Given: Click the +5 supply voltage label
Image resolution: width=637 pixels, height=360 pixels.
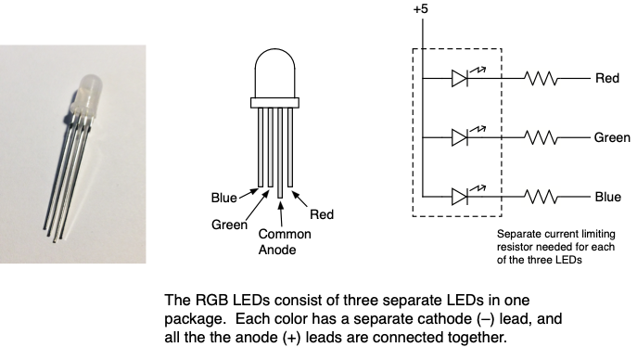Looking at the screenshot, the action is point(420,9).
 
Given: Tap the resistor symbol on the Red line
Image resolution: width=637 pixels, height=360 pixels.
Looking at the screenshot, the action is point(541,78).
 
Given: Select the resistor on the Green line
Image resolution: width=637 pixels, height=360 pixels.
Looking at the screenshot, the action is point(541,137).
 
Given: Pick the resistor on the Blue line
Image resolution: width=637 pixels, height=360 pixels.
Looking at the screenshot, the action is point(541,197).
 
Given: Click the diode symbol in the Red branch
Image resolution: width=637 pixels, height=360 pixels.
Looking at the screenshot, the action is point(460,78).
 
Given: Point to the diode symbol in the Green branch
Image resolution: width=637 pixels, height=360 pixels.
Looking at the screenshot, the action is point(460,137).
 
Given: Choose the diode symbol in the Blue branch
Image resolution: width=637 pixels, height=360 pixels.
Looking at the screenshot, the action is point(460,197).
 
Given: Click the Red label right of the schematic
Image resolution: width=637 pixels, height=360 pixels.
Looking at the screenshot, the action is point(607,78).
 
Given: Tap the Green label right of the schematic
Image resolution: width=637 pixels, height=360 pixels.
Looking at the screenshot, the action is point(612,137).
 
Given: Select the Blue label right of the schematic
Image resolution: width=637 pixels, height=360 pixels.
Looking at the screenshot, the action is point(608,197).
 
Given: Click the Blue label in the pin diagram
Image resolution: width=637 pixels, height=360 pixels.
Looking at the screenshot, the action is point(223,198).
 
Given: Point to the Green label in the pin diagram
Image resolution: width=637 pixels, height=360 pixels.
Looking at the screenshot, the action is point(230,225).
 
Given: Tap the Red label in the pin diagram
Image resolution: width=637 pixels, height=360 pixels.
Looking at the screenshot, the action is point(322,214).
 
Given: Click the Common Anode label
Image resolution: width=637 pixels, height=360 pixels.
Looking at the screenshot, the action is point(285,242).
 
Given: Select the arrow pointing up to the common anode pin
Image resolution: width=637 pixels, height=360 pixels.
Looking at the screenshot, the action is point(281,212).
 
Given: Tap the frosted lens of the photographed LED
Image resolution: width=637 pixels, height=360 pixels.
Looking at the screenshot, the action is point(87,94).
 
